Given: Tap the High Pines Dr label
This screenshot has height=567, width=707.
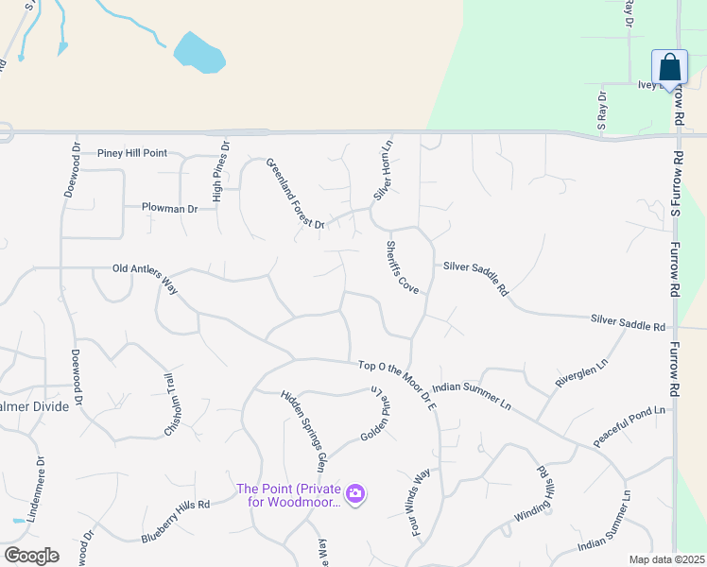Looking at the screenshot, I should coord(219,171).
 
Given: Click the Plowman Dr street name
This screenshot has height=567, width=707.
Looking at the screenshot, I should coord(169,207).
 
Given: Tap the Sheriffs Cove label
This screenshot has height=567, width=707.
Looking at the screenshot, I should coord(402,266).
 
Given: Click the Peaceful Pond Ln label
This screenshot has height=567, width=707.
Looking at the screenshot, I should coord(629,427).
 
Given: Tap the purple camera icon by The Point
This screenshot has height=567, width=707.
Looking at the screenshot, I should coord(355,493).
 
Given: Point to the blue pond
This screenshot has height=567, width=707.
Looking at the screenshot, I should coord(199,53).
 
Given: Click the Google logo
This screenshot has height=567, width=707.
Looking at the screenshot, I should coord(31,556).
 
